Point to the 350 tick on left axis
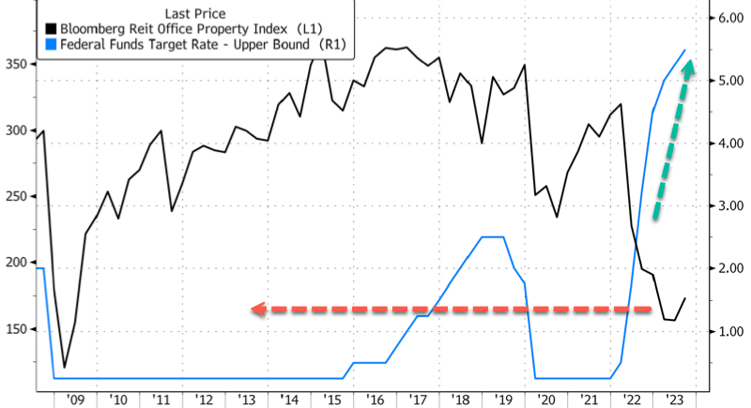coord(16,65)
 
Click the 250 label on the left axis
coord(16,197)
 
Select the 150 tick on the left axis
coord(16,329)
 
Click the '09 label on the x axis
coord(75,400)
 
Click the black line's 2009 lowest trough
coord(64,367)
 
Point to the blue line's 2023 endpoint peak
coord(684,50)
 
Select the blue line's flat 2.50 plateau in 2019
coord(493,237)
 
